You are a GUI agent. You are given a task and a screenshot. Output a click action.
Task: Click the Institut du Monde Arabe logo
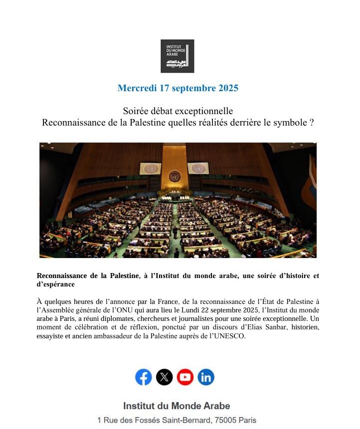[177, 56]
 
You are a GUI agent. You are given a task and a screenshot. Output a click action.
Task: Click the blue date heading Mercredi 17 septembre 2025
[178, 88]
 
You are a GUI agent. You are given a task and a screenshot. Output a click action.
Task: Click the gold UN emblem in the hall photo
[175, 176]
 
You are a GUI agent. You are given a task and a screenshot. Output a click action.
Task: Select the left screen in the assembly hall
[150, 168]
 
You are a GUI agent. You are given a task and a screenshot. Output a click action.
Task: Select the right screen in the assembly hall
[199, 168]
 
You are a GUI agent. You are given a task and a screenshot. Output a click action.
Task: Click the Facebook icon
[144, 377]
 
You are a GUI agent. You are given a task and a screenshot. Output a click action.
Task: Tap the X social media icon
[165, 377]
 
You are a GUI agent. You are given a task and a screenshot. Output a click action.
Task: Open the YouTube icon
[185, 377]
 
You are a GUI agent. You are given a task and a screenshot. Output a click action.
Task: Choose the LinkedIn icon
[206, 377]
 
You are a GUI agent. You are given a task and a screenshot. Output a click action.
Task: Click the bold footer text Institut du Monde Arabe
[177, 406]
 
